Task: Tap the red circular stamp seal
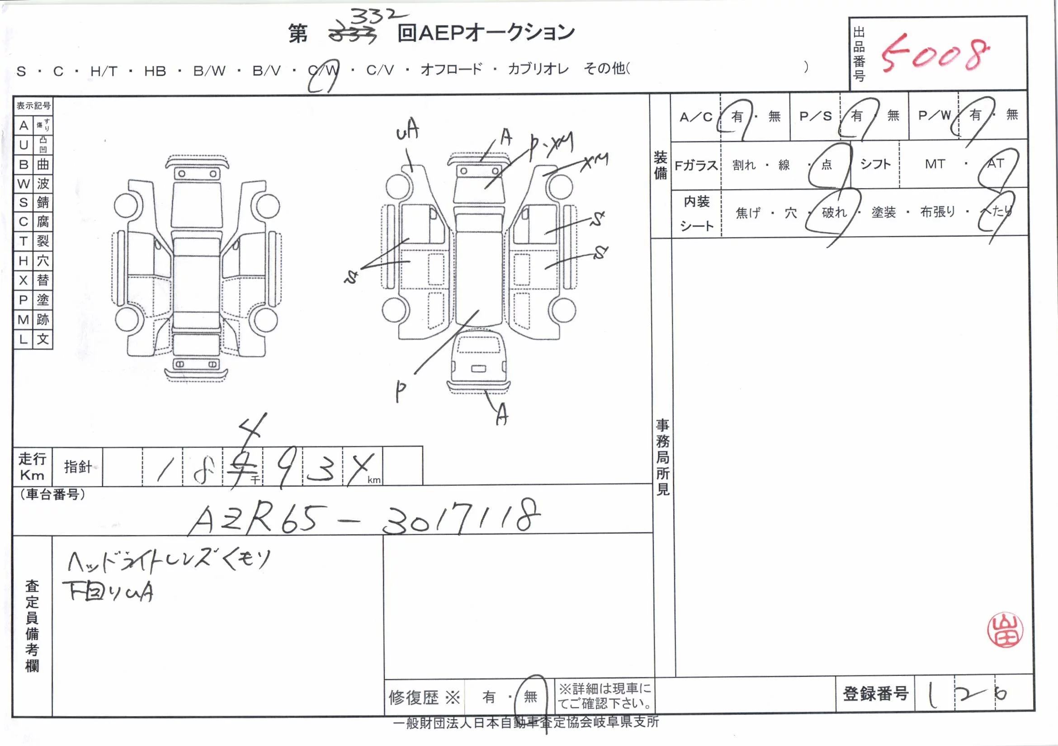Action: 1005,630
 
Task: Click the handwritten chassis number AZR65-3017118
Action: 364,518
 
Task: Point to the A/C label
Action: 695,117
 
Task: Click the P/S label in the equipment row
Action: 815,116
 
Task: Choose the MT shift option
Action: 935,164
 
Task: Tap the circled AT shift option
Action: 995,164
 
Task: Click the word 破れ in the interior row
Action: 834,212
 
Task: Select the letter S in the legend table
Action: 24,202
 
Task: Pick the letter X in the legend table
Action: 24,280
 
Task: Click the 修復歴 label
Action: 413,698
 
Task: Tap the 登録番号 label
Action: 875,694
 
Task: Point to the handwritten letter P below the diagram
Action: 401,391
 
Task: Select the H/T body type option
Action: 104,71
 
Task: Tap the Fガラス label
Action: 696,165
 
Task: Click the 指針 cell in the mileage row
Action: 77,466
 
